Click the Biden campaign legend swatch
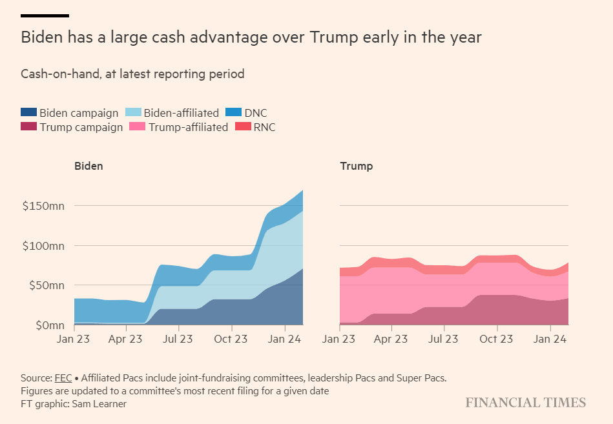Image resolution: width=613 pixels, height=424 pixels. pos(29,113)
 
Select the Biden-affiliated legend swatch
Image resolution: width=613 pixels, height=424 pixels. pos(133,113)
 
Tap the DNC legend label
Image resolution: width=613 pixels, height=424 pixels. pos(256,113)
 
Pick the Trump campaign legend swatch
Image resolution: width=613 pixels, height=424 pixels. pos(29,127)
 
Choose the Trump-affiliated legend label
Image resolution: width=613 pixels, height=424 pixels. pos(188,127)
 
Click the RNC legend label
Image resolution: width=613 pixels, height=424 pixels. pos(265,127)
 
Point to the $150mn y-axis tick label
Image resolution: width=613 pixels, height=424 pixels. pos(43,206)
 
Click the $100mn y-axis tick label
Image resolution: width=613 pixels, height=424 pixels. pos(43,246)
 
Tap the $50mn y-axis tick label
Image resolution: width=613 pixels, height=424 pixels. pos(47,285)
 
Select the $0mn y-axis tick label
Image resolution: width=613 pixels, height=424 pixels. pos(49,325)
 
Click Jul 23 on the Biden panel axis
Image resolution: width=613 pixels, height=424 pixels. pos(177,339)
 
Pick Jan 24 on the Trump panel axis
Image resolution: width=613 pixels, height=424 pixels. pos(548,339)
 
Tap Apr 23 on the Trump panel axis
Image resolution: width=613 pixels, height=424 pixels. pos(391,339)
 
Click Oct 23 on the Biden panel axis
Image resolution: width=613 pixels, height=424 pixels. pos(231,339)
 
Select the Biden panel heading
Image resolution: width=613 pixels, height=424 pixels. pos(88,166)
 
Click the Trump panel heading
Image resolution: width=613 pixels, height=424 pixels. pos(356,166)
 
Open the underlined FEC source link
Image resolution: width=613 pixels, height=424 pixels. pos(63,378)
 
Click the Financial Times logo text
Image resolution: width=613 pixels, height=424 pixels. pos(525,403)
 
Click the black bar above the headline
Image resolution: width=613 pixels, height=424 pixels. pos(45,15)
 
